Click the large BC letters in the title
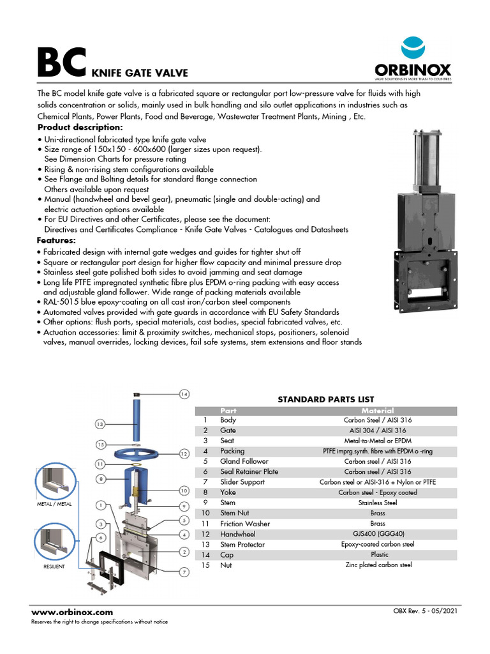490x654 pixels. point(61,63)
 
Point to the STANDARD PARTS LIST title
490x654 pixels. point(325,399)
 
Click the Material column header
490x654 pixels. point(377,411)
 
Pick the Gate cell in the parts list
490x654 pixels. point(228,430)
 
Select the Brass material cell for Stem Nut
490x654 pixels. point(377,513)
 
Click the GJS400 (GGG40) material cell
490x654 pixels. point(377,534)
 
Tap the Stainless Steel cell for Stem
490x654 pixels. point(377,503)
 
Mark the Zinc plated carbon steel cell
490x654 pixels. point(377,565)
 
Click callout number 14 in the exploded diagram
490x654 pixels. point(184,394)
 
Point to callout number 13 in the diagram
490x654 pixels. point(100,423)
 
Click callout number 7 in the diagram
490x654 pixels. point(184,572)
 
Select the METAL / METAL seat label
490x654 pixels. point(56,505)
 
